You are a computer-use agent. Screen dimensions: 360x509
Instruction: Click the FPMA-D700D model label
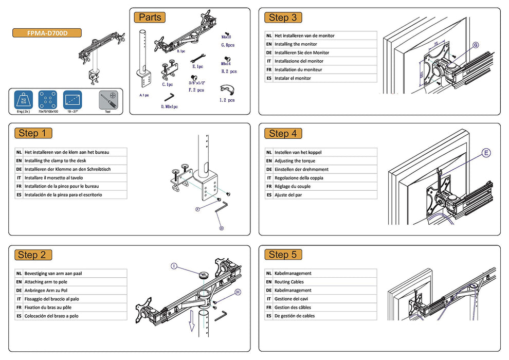point(47,33)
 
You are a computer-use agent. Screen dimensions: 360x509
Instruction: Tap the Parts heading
point(150,17)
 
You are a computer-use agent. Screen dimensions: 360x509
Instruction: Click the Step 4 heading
point(282,134)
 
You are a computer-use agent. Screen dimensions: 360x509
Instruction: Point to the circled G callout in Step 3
point(476,45)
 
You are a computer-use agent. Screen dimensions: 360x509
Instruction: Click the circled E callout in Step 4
point(486,153)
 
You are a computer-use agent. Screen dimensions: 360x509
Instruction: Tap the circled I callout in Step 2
point(174,266)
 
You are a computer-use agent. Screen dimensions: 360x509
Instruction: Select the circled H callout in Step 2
point(238,292)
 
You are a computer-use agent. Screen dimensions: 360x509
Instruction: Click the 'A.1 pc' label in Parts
point(144,95)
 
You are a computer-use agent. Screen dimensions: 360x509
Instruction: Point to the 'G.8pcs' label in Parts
point(228,45)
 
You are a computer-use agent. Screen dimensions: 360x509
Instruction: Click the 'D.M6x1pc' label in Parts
point(169,106)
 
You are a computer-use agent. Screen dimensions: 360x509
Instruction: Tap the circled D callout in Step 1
point(222,227)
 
